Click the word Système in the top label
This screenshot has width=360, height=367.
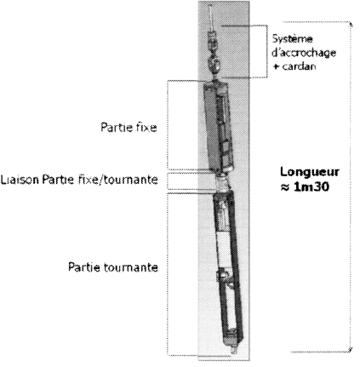[x=292, y=38]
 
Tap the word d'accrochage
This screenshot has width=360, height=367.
[x=304, y=53]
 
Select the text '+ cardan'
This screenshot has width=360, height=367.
[x=294, y=66]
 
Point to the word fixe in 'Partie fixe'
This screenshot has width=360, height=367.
[x=146, y=127]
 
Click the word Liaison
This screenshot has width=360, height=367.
[x=20, y=180]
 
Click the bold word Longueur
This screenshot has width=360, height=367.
[x=310, y=172]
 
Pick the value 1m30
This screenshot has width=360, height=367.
[x=311, y=186]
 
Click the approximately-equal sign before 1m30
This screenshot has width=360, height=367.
[x=285, y=187]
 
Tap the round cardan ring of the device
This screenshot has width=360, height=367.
[x=214, y=65]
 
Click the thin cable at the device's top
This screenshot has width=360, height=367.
[x=210, y=18]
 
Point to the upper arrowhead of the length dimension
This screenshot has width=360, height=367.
[x=351, y=24]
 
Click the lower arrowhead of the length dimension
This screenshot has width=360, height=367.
[x=351, y=350]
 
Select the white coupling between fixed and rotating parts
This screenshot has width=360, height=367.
[x=221, y=183]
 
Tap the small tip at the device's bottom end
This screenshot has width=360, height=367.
[x=234, y=351]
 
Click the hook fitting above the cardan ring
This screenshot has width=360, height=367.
[x=213, y=40]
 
